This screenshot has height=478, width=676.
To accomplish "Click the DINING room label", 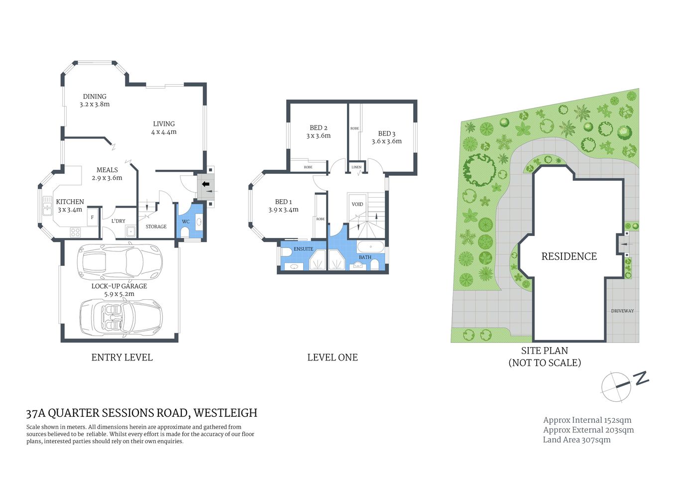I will [x=95, y=97].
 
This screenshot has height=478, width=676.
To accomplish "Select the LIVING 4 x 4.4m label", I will [x=164, y=128].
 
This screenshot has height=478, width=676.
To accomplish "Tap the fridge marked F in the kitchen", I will [x=93, y=218].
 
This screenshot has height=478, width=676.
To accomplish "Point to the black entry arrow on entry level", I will [x=205, y=184].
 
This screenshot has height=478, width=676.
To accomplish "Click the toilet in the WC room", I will [x=185, y=232].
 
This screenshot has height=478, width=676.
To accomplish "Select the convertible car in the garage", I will [x=121, y=317].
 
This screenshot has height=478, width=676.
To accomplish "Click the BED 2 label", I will [x=318, y=128].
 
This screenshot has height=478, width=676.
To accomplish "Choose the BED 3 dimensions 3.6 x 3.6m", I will [x=386, y=141].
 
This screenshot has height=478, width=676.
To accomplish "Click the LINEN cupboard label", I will [x=356, y=167].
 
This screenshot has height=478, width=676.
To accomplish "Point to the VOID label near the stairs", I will [x=357, y=204].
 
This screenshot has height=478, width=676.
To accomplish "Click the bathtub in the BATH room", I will [x=370, y=246].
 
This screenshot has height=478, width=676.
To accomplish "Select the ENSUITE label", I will [x=303, y=249].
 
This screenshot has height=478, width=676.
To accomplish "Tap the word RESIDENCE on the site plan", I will [x=569, y=256].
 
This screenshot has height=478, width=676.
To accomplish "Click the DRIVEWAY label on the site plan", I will [x=622, y=311].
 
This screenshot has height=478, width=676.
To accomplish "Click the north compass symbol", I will [x=617, y=386].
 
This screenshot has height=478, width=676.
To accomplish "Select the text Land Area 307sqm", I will [x=576, y=440].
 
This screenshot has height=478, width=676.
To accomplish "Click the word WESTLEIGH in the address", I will [x=225, y=413].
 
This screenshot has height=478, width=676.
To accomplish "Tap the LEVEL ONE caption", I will [x=332, y=358].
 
